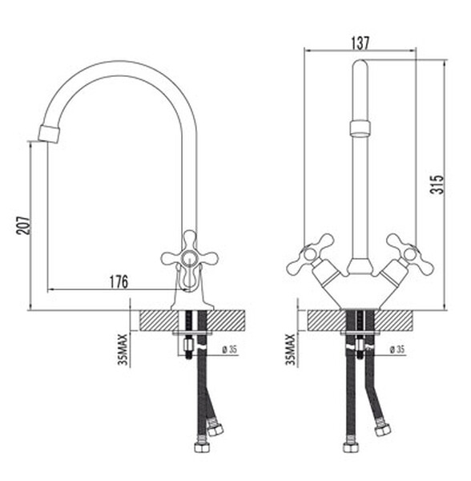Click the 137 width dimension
point(360,43)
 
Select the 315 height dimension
point(437,184)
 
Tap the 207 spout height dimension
point(23,225)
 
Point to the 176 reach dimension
point(119,282)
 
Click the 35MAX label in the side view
point(123,350)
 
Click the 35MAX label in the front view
point(291,350)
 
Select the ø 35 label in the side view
point(230,350)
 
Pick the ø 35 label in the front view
point(397,349)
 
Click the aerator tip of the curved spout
point(50,134)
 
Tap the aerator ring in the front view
point(360,128)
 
